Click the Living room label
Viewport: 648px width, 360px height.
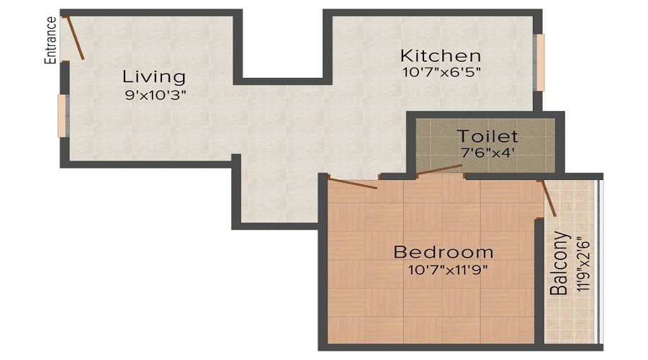click(x=153, y=76)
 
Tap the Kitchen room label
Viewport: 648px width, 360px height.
click(x=441, y=55)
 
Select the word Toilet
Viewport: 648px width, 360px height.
click(x=487, y=136)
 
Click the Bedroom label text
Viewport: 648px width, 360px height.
click(x=443, y=252)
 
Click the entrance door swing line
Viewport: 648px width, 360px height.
click(x=73, y=37)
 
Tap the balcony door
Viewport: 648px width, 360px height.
click(x=549, y=198)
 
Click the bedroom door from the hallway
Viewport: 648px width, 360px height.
click(x=353, y=182)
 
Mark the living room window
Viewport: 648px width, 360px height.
click(x=63, y=115)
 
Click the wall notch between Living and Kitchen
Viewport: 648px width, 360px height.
click(x=282, y=79)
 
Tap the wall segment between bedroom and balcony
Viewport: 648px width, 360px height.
click(x=539, y=281)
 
